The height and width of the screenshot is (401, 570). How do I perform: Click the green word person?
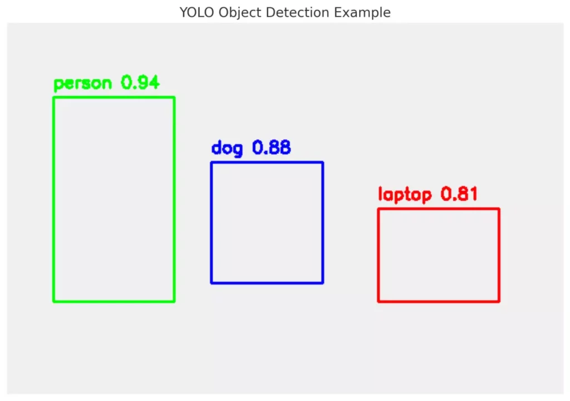[82, 84]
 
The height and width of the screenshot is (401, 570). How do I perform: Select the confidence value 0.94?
[140, 82]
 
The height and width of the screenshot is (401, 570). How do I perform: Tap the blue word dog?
[227, 149]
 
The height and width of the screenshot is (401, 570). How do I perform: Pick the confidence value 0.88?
[272, 148]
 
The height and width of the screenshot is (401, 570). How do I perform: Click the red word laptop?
[405, 195]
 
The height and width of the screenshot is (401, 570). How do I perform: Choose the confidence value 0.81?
[459, 194]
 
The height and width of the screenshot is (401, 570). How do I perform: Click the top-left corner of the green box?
[54, 97]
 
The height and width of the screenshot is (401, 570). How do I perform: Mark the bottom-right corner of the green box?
[174, 301]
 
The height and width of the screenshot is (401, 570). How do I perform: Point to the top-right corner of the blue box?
[323, 163]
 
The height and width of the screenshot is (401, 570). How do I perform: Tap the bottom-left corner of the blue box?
[212, 282]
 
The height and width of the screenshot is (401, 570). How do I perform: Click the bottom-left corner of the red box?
[379, 301]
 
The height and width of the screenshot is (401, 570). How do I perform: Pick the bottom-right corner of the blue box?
[323, 282]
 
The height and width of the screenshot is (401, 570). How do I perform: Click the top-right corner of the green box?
[174, 97]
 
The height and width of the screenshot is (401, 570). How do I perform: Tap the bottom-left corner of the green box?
[54, 301]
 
